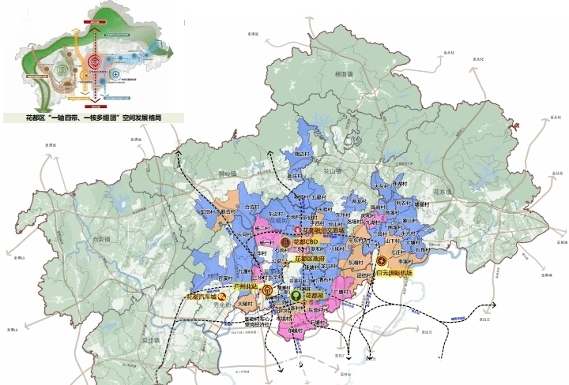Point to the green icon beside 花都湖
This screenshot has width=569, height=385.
[x=295, y=294]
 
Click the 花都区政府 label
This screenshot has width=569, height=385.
[x=310, y=258]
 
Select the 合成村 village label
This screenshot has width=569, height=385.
[x=251, y=207]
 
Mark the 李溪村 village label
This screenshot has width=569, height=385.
[x=406, y=260]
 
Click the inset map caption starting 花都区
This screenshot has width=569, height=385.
[x=93, y=118]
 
